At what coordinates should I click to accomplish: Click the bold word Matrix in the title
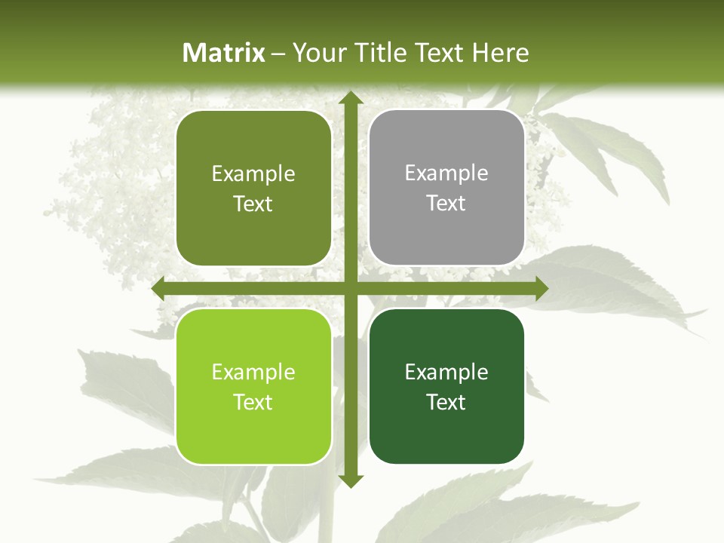click(x=224, y=53)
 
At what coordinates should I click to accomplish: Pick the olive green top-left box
click(x=253, y=189)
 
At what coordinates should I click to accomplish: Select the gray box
click(x=446, y=188)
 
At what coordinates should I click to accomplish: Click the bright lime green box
click(x=253, y=386)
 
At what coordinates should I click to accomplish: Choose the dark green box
click(x=446, y=386)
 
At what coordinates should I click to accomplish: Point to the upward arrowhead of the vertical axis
click(x=351, y=99)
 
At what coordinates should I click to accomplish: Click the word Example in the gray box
click(x=446, y=173)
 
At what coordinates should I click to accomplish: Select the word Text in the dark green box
click(x=446, y=402)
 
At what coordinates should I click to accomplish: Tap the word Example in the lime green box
click(x=253, y=372)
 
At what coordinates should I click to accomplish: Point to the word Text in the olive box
click(x=253, y=204)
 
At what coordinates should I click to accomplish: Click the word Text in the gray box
click(x=446, y=204)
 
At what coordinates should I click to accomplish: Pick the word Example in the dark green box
click(x=446, y=372)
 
